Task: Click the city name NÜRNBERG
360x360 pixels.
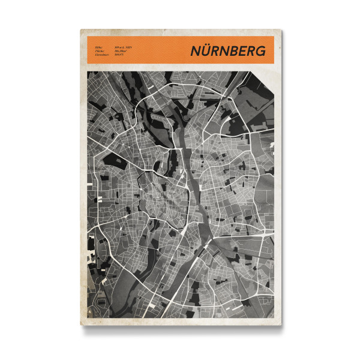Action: click(228, 51)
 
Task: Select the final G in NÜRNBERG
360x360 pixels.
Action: click(260, 51)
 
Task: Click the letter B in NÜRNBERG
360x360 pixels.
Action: click(238, 51)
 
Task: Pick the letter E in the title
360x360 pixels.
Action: click(245, 51)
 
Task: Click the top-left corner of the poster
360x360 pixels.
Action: click(80, 29)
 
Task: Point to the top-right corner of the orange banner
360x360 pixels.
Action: click(274, 37)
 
